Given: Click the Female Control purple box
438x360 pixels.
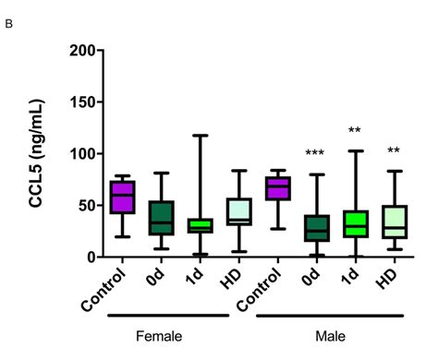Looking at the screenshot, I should [122, 198].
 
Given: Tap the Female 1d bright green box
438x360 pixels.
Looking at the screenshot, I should [200, 225].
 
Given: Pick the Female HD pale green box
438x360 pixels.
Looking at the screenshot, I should [239, 211].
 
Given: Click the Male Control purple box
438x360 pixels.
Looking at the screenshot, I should [278, 188].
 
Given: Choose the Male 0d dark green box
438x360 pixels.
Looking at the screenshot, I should [317, 228].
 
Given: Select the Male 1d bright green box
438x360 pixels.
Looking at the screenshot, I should [356, 223].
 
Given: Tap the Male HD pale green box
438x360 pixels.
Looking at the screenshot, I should [395, 222].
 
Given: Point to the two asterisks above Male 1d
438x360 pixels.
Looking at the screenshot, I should [355, 131].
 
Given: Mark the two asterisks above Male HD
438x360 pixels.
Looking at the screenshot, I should [394, 151].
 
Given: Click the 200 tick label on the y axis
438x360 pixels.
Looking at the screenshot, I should [81, 50].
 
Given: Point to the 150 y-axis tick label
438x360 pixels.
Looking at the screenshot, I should [81, 102].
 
